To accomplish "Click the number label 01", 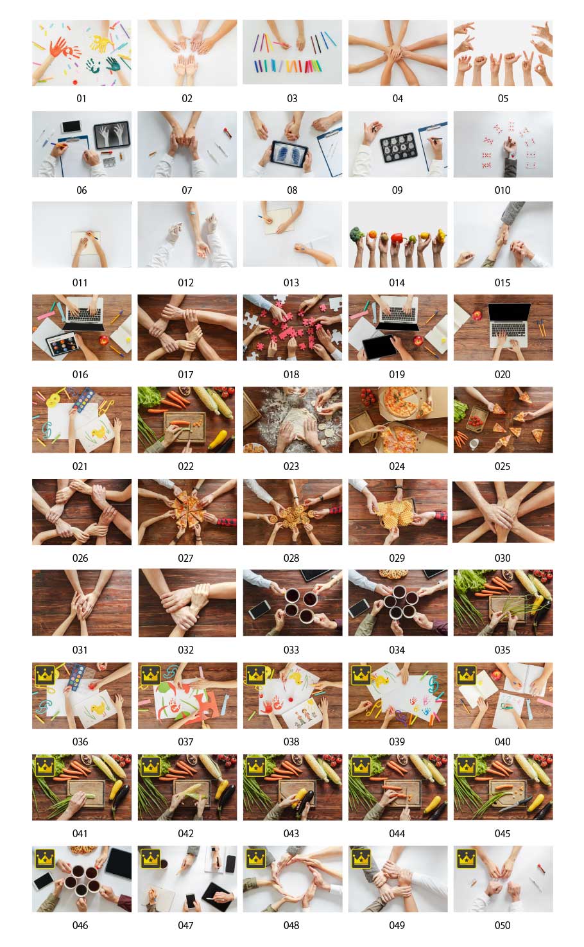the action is [81, 98].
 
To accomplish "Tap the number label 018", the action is [291, 374].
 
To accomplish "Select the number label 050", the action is [502, 925].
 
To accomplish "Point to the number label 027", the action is [185, 558].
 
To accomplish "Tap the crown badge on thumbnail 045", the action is [467, 767].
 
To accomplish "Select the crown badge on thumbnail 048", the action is [255, 858].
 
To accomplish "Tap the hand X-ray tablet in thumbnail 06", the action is [112, 135].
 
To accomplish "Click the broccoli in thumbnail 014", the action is [357, 234].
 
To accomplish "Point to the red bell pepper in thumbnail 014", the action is [398, 238].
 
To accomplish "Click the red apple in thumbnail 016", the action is [103, 340].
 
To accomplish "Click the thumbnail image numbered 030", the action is [503, 512].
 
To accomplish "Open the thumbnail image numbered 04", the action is [398, 53].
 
